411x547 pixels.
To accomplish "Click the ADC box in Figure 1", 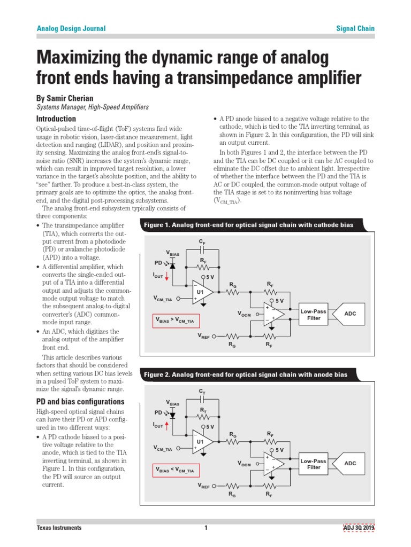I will (349, 315).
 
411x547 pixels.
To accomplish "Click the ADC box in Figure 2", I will (349, 464).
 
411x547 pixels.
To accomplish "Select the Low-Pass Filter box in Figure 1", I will (313, 315).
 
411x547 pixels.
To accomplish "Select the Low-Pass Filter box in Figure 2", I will (313, 464).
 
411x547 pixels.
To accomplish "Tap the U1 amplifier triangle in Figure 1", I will (202, 293).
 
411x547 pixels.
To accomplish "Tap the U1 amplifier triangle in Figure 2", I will (202, 442).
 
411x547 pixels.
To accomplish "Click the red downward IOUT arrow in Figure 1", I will (166, 276).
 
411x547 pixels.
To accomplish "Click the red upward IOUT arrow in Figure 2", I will (166, 425).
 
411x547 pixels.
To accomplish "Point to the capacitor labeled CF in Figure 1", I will (202, 249).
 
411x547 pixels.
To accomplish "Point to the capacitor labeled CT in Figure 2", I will (202, 398).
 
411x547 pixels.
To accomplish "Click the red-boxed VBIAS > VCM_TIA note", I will (175, 321).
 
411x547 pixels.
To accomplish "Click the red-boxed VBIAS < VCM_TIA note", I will (175, 470).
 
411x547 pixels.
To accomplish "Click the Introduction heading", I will (56, 119).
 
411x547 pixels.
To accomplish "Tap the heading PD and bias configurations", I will (80, 402).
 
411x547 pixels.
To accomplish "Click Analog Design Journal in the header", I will (71, 28).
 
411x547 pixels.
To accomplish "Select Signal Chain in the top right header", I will (355, 28).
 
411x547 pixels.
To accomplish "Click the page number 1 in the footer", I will (205, 528).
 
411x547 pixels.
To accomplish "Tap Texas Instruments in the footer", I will (59, 528).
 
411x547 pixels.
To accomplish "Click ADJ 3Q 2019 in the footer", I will (359, 528).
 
